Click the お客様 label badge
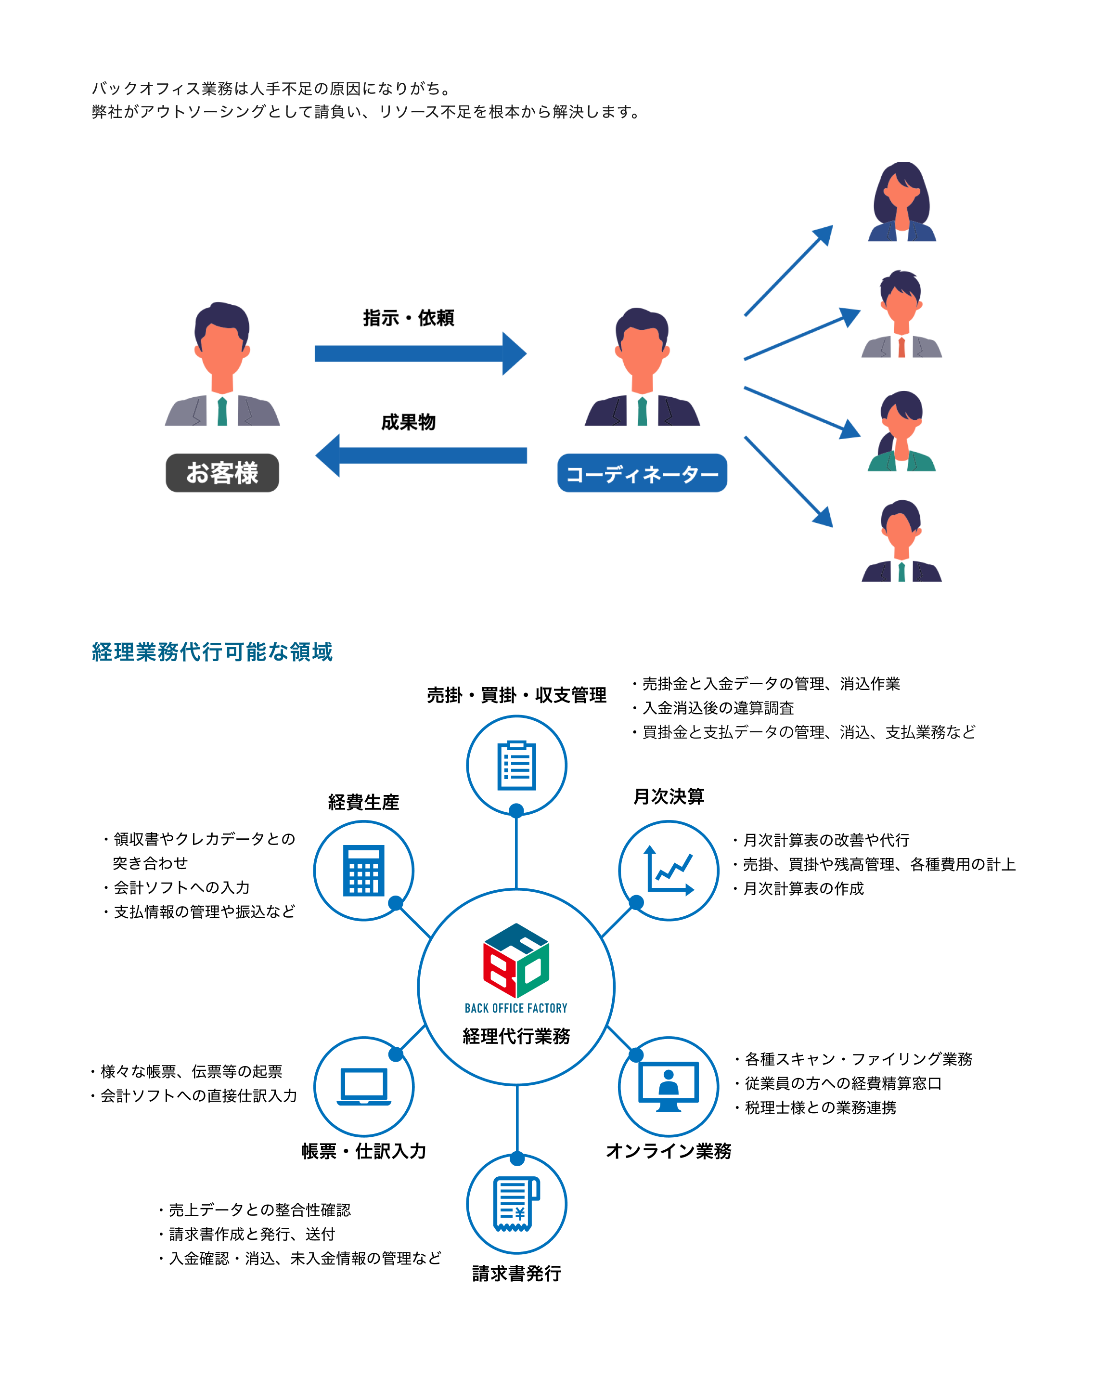[222, 473]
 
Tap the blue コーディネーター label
[642, 473]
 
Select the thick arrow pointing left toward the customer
[420, 455]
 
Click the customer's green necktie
[222, 411]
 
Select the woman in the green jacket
[901, 432]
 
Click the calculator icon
[364, 870]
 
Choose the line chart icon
[669, 870]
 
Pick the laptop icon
[364, 1086]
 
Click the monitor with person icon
[669, 1086]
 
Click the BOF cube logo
[516, 960]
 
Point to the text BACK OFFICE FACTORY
[516, 1008]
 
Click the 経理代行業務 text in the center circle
[516, 1036]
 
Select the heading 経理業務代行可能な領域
[212, 652]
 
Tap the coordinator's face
[642, 352]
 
